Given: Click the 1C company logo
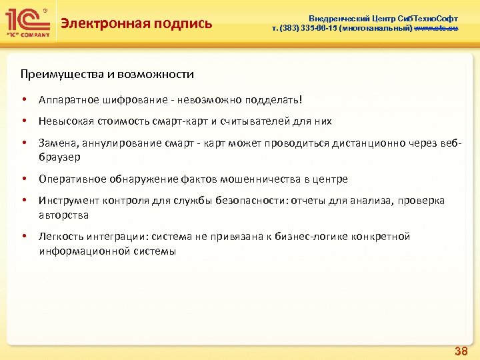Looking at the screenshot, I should [x=27, y=23].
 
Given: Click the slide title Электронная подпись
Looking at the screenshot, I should [x=136, y=24].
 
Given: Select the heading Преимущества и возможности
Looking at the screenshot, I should [x=107, y=74].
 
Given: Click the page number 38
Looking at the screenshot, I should [x=460, y=351].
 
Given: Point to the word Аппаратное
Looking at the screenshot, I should [x=65, y=100].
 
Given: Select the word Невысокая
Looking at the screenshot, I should [x=65, y=121].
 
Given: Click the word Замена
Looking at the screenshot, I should [x=56, y=143].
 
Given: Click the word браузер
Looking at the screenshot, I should [x=59, y=157].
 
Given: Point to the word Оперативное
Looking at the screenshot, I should [x=70, y=179].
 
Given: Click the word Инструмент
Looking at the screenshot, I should [x=67, y=201].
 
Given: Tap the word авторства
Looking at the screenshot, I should [x=63, y=215].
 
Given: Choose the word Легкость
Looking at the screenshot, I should [x=61, y=237].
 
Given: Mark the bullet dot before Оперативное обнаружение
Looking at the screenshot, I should [x=24, y=179].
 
